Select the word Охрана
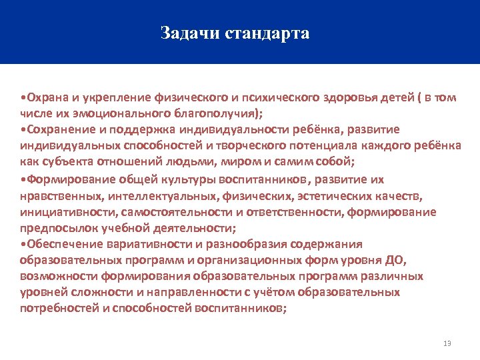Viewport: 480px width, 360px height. click(x=45, y=97)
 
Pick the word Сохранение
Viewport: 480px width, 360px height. click(x=56, y=129)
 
